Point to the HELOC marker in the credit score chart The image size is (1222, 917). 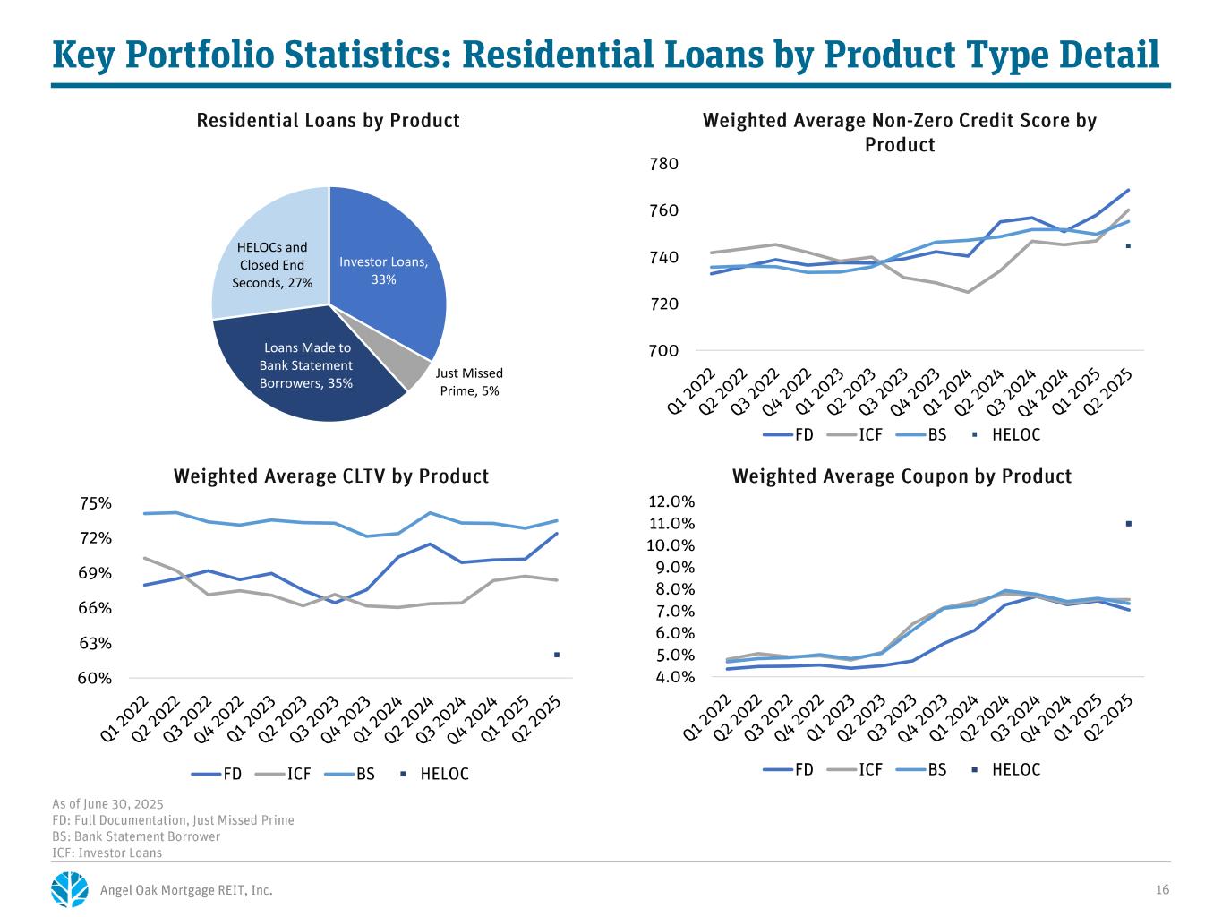click(x=1128, y=245)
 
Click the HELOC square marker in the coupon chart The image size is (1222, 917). click(x=1128, y=524)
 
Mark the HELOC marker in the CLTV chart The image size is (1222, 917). click(x=556, y=655)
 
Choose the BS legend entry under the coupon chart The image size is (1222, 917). click(x=927, y=769)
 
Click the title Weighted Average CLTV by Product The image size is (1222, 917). click(x=331, y=476)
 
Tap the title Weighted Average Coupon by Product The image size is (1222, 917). click(x=902, y=476)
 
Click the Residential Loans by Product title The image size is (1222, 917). click(x=328, y=121)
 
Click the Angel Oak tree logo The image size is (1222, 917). click(x=71, y=889)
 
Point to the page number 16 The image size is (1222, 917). click(x=1162, y=890)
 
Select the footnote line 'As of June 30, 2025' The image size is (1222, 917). click(x=108, y=804)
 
